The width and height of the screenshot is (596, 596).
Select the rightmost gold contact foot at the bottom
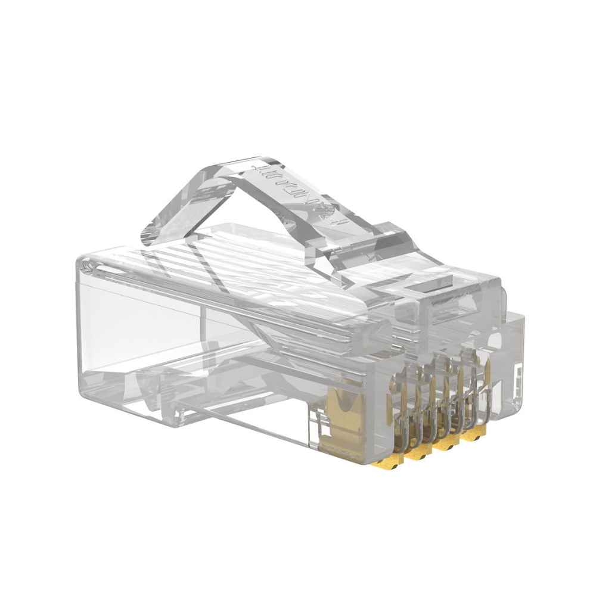click(x=471, y=437)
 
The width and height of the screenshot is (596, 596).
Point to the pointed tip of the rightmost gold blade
click(x=487, y=365)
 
